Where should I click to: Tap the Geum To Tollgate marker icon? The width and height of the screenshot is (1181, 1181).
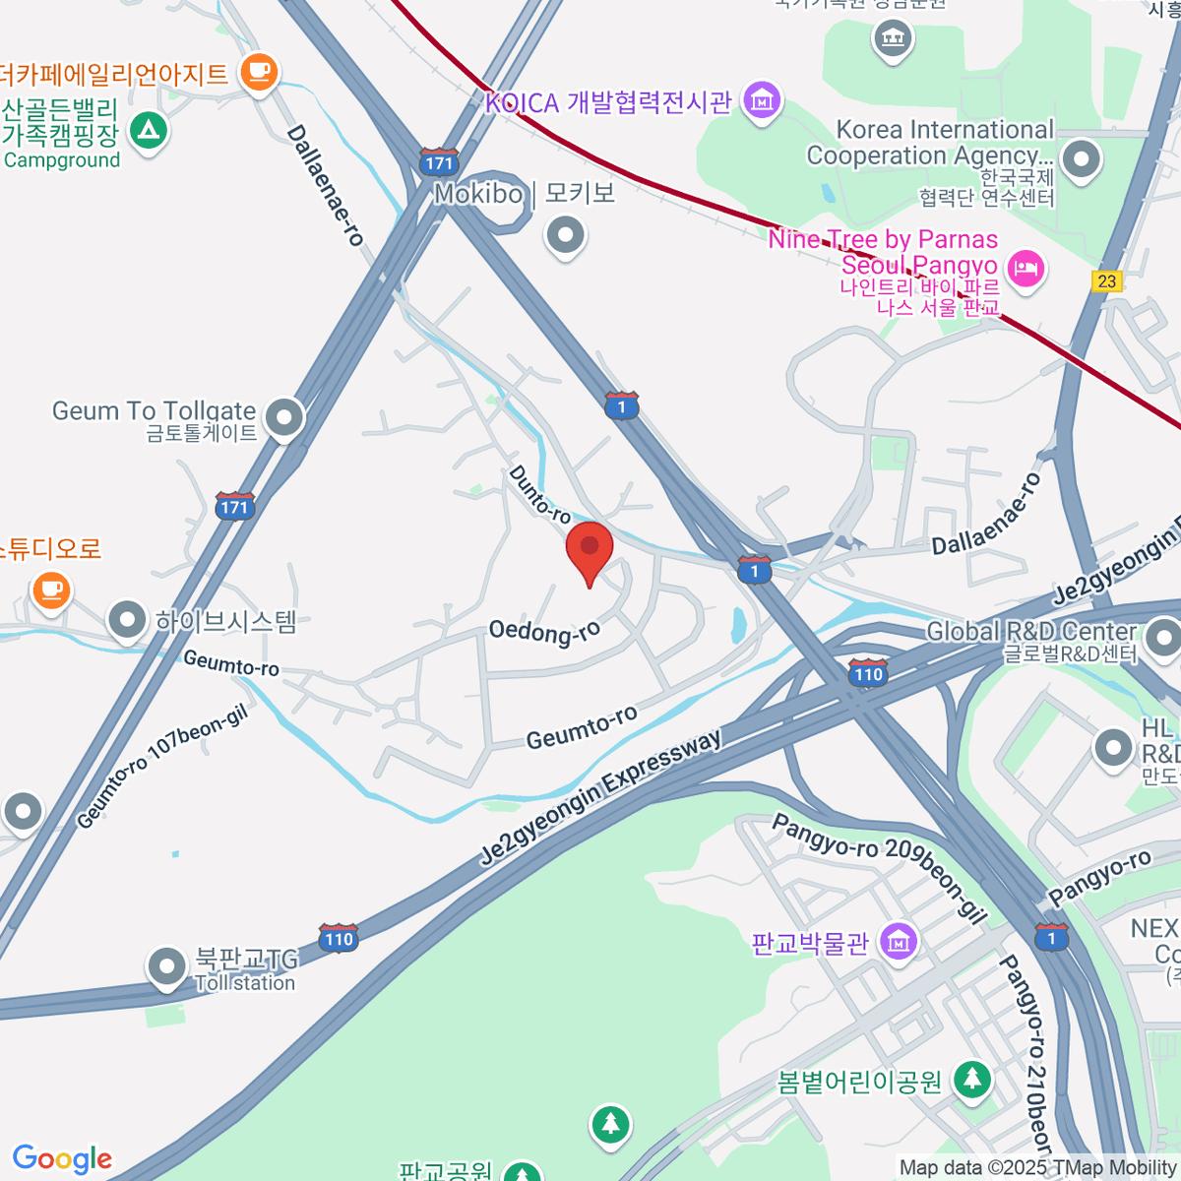[x=284, y=418]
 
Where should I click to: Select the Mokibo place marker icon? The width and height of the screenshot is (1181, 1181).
[x=566, y=236]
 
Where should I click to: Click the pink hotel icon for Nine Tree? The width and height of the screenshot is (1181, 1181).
[x=1026, y=268]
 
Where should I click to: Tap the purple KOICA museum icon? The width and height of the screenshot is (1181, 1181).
[x=761, y=100]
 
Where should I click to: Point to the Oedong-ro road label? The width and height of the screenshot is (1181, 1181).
[x=544, y=631]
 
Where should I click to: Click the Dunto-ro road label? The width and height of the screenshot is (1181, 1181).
[x=539, y=494]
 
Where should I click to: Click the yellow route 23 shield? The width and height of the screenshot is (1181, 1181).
[x=1107, y=281]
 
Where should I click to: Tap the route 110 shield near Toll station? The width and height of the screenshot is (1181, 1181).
[x=338, y=938]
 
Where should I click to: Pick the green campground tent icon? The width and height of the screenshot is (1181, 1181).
[x=149, y=131]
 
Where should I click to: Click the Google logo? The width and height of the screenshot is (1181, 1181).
[x=62, y=1158]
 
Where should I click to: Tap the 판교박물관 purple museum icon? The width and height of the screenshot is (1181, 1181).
[x=898, y=942]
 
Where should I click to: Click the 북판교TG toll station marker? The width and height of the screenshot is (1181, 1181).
[x=166, y=966]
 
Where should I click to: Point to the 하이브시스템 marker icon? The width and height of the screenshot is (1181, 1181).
[x=127, y=621]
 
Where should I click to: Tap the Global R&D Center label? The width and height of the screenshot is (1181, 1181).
[x=1031, y=631]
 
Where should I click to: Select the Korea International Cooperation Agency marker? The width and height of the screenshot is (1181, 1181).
[x=1081, y=158]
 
